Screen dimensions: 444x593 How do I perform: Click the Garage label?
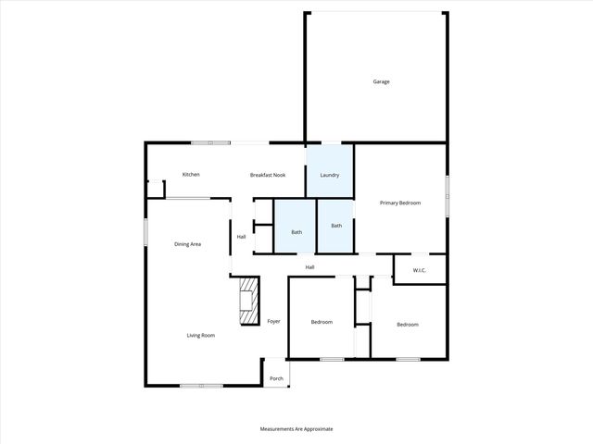pos(381,81)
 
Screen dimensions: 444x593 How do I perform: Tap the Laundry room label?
pos(330,175)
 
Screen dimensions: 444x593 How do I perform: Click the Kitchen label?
pos(191,174)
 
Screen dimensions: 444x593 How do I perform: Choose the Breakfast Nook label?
pos(267,175)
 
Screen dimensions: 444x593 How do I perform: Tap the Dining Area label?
pos(188,244)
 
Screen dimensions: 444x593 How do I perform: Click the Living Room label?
pos(201,335)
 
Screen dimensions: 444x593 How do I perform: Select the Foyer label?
pos(273,321)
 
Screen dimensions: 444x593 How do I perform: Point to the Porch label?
pos(276,378)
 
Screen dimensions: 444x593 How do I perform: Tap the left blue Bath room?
pos(296,231)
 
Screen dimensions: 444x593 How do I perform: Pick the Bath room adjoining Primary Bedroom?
pos(336,226)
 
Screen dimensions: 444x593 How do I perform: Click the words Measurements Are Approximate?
pos(296,429)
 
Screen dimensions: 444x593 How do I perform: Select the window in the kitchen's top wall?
pos(211,142)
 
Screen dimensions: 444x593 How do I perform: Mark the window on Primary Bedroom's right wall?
pos(448,196)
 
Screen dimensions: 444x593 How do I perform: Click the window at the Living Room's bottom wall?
pos(200,385)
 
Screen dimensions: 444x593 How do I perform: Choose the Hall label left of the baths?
pos(241,237)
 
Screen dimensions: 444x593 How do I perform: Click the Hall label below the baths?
pos(310,267)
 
